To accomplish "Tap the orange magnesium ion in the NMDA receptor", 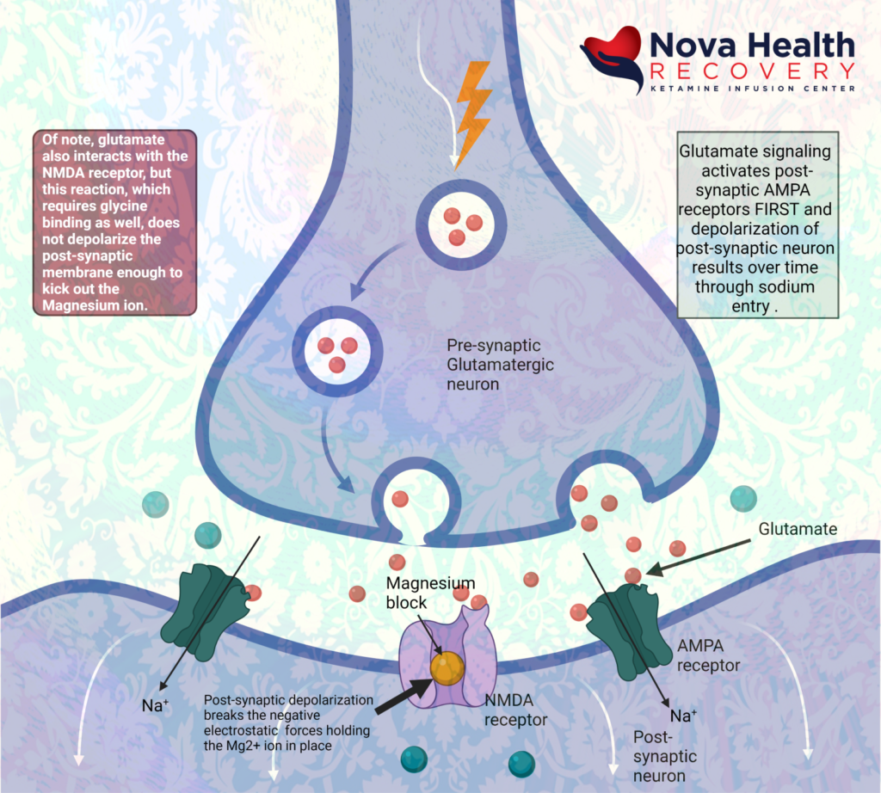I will [x=447, y=669].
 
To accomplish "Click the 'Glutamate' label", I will [x=798, y=530].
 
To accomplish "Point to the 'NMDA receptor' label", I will [x=514, y=710].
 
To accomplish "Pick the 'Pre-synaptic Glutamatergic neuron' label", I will [x=500, y=365].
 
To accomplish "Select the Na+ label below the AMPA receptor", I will [x=683, y=716].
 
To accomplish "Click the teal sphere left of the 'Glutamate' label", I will [x=743, y=498].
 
